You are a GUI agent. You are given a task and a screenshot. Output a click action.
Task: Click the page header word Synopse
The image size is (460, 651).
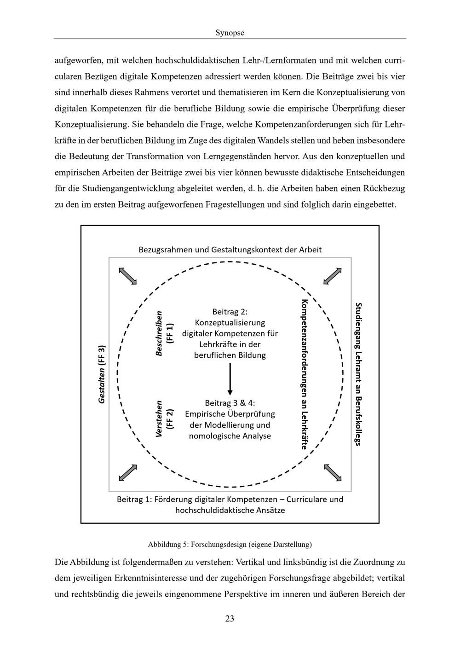coord(230,33)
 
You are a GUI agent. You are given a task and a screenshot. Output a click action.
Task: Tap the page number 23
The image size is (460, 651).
coord(230,618)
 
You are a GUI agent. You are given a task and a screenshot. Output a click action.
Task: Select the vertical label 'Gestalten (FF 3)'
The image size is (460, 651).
coord(102,374)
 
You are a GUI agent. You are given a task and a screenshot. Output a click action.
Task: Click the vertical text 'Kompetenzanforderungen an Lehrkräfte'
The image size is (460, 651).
coord(304,374)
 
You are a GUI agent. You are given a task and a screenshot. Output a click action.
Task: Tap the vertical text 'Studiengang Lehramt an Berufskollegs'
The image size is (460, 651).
coord(359,374)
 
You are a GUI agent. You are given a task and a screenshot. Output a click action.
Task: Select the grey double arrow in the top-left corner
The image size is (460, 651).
coord(128,276)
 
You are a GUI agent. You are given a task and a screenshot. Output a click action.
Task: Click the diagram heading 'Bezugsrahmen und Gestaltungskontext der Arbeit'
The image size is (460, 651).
coord(230,250)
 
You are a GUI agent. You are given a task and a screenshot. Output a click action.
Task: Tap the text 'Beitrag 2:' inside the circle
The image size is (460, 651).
coord(230,312)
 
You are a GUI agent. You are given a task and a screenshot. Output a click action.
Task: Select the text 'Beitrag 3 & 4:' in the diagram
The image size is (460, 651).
coord(230,403)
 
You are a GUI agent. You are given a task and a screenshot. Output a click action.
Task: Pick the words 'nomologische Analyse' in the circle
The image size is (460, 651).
coord(230,436)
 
